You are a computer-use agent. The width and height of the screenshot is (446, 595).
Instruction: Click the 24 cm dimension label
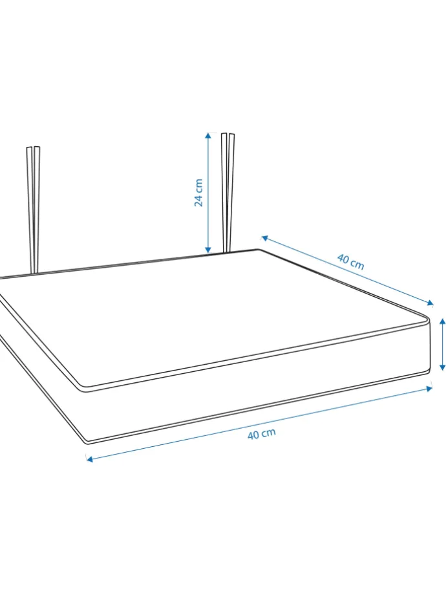pyautogui.click(x=198, y=193)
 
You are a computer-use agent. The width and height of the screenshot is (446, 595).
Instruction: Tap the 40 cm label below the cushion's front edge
pyautogui.click(x=262, y=434)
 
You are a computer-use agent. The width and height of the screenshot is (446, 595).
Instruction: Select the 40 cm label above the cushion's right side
pyautogui.click(x=351, y=262)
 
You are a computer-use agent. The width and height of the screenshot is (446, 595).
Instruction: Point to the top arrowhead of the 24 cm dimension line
pyautogui.click(x=208, y=135)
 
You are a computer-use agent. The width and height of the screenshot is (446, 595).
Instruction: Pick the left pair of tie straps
pyautogui.click(x=34, y=210)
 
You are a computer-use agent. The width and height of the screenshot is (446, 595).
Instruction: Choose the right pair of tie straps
pyautogui.click(x=228, y=193)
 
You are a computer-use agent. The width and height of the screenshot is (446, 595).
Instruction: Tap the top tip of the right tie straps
pyautogui.click(x=228, y=133)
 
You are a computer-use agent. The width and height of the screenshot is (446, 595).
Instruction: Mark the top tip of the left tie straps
pyautogui.click(x=33, y=147)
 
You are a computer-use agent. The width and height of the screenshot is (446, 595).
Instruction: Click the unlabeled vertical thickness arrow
pyautogui.click(x=442, y=345)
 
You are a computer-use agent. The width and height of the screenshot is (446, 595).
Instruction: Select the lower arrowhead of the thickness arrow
pyautogui.click(x=442, y=367)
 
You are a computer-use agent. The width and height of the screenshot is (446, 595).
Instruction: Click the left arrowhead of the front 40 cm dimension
pyautogui.click(x=89, y=459)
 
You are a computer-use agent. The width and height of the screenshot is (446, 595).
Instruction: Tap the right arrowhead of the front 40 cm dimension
pyautogui.click(x=429, y=388)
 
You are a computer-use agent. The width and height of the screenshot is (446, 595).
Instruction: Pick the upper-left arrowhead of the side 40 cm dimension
pyautogui.click(x=265, y=238)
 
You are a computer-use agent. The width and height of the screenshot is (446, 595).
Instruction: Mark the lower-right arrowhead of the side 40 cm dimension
pyautogui.click(x=430, y=303)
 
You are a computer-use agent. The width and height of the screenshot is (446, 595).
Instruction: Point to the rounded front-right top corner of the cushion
pyautogui.click(x=427, y=318)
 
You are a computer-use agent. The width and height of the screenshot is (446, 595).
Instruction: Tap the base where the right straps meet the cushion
pyautogui.click(x=226, y=252)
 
